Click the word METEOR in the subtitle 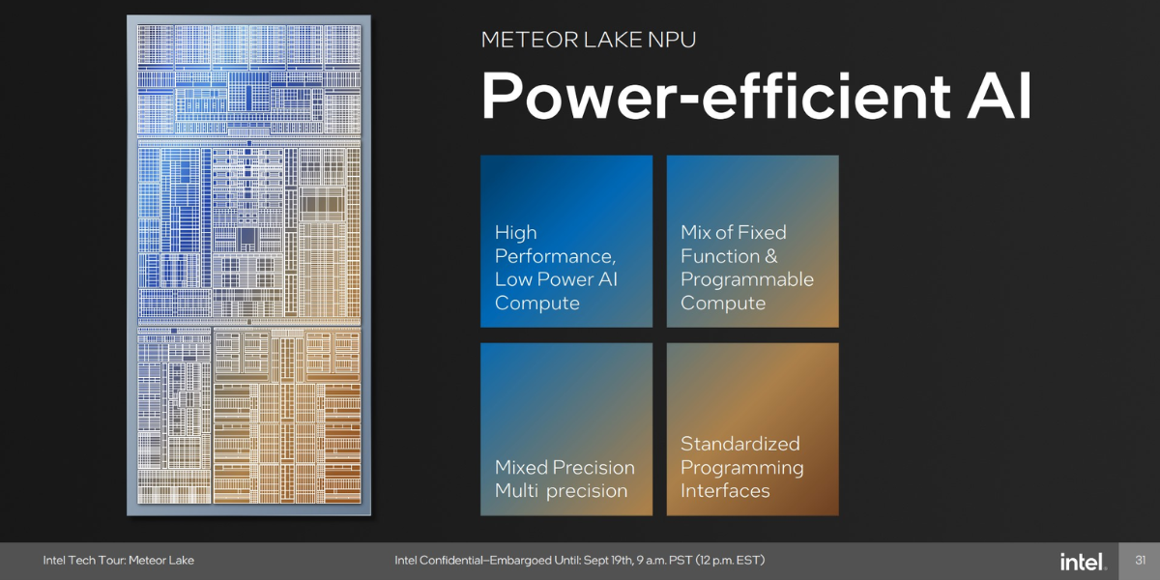pos(529,40)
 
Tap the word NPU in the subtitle pos(672,40)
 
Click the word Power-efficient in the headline pos(716,97)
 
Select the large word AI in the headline pos(999,96)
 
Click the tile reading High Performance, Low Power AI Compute pos(566,242)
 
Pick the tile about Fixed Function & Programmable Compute pos(752,242)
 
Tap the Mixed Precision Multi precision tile pos(566,429)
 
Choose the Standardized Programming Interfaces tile pos(752,429)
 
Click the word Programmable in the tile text pos(746,280)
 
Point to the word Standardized pos(740,444)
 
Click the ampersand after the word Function pos(770,256)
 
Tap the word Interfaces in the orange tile pos(725,490)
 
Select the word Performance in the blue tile pos(555,256)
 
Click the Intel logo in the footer pos(1084,562)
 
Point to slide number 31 pos(1140,561)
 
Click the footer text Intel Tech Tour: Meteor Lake pos(119,561)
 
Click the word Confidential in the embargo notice pos(451,561)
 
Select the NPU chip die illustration pos(248,265)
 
